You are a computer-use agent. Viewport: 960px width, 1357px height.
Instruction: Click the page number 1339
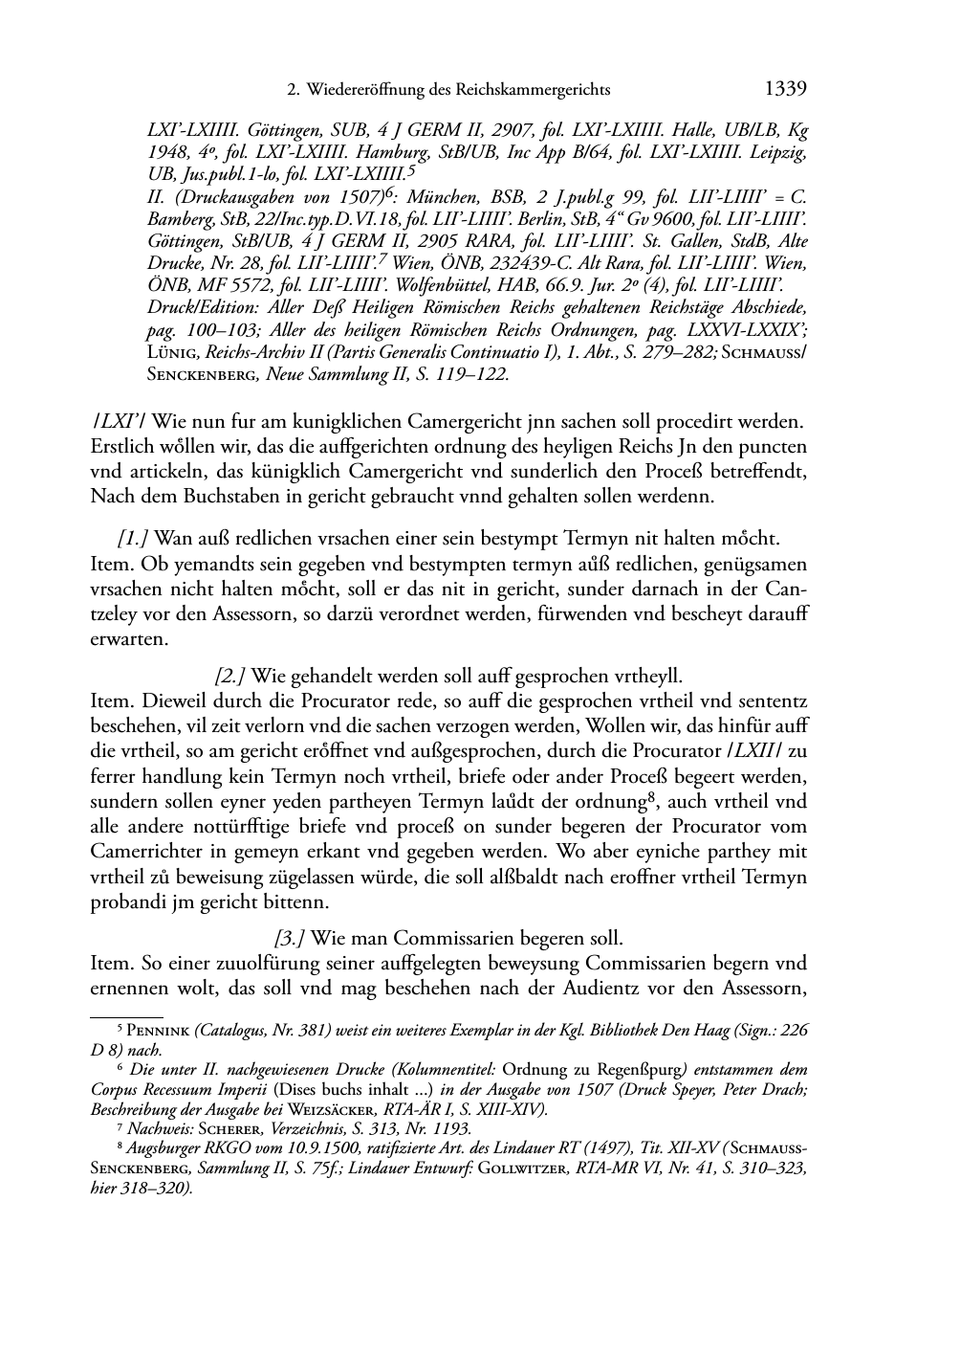[787, 91]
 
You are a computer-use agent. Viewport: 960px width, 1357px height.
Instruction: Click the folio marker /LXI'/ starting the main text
[118, 421]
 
